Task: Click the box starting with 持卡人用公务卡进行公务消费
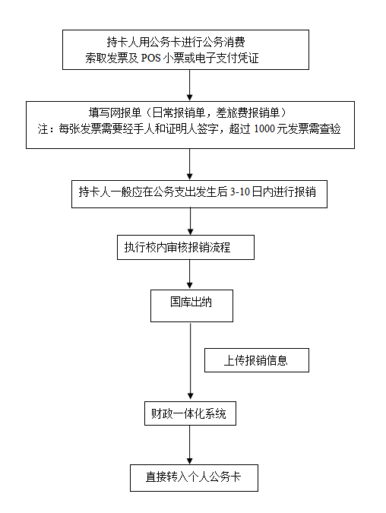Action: (x=187, y=49)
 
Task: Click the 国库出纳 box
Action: (x=191, y=302)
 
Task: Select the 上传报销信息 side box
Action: (x=256, y=360)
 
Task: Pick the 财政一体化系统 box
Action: (x=190, y=415)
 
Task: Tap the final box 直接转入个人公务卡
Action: (x=194, y=477)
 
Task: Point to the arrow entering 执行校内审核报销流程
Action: (x=190, y=221)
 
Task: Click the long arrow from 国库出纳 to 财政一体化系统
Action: (x=190, y=360)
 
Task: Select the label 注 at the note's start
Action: (x=43, y=128)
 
